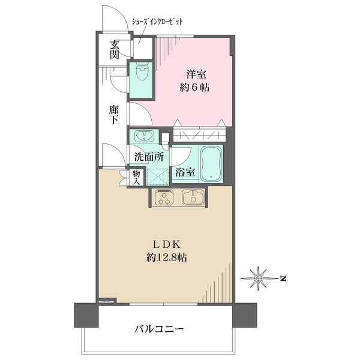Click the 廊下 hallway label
(115, 115)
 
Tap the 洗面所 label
(149, 158)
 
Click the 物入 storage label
(136, 178)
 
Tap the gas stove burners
(163, 198)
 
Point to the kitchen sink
(193, 197)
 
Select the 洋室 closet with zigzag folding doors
(198, 133)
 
